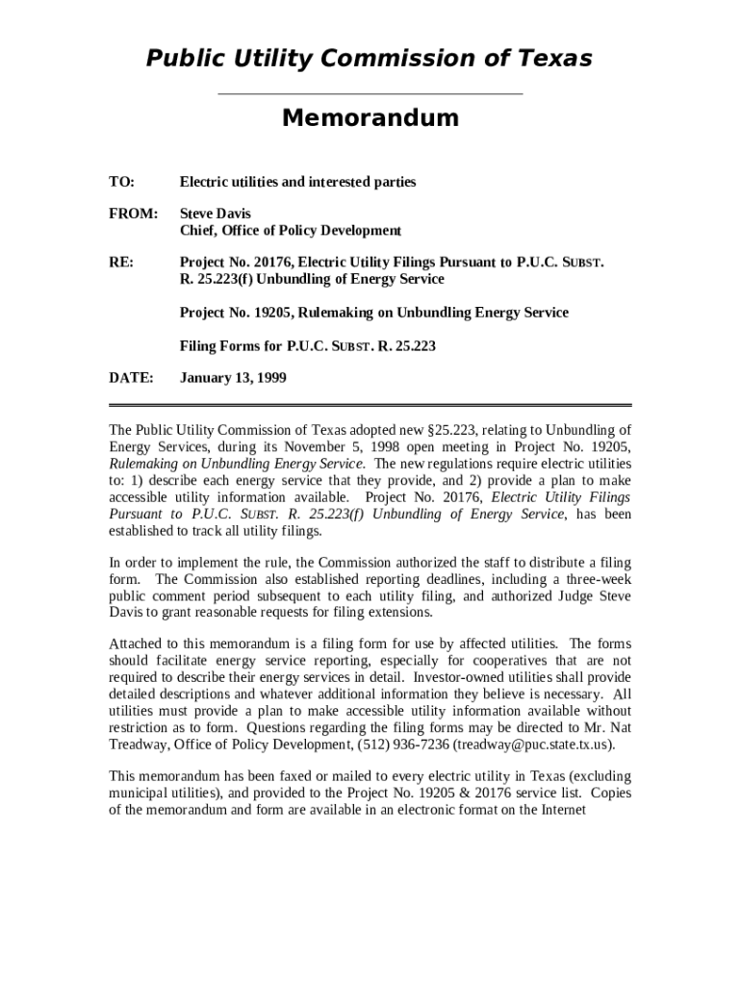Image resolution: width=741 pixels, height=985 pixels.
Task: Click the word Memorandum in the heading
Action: (x=370, y=118)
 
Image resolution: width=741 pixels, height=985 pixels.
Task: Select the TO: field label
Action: (x=122, y=182)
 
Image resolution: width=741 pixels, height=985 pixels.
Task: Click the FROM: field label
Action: (x=133, y=214)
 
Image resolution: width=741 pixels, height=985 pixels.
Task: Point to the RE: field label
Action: (x=121, y=262)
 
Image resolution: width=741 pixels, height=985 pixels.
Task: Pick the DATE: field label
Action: (x=131, y=378)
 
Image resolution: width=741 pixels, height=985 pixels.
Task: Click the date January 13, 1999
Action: (x=233, y=378)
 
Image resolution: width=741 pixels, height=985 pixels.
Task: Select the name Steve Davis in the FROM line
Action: (x=216, y=214)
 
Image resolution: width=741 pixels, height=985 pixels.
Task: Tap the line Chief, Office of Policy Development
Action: (x=291, y=231)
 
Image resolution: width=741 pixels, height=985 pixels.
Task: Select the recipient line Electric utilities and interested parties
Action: (x=298, y=182)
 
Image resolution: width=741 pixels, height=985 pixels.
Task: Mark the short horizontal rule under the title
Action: (x=370, y=94)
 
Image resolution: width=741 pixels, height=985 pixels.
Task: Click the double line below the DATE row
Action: (x=370, y=406)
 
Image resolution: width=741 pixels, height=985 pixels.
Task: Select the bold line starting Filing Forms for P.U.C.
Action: (x=308, y=345)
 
